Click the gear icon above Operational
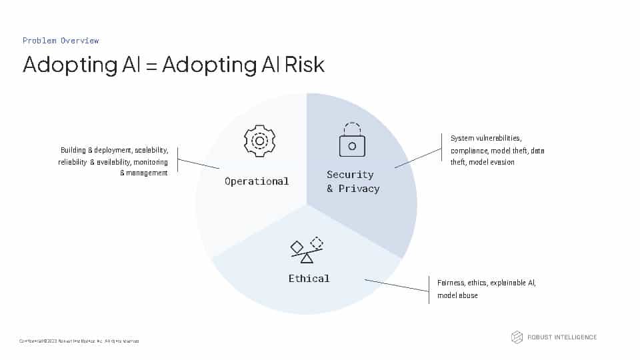tap(259, 141)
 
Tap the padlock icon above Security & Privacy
tap(351, 140)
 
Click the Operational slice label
tap(257, 181)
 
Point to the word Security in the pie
tap(350, 175)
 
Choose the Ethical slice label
tap(309, 278)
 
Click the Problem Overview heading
tap(61, 41)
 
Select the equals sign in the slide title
tap(150, 65)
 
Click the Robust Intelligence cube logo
tap(517, 337)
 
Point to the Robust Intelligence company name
tap(562, 337)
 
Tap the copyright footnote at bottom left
tap(79, 341)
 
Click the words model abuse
tap(457, 295)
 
